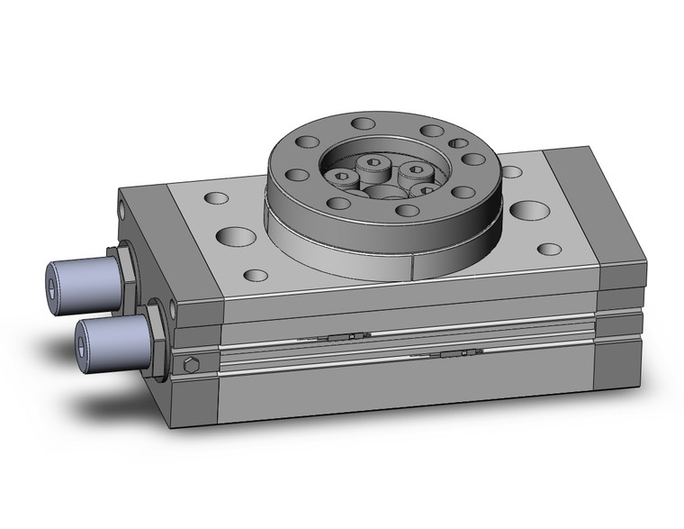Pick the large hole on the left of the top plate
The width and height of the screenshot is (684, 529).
(x=237, y=236)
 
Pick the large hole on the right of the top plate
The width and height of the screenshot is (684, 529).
(x=529, y=211)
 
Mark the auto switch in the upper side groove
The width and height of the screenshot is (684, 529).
(x=346, y=336)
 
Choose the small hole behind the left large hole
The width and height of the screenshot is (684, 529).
(x=216, y=196)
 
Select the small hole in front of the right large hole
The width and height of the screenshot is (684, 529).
(x=548, y=249)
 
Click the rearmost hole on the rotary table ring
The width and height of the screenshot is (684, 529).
(x=363, y=123)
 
